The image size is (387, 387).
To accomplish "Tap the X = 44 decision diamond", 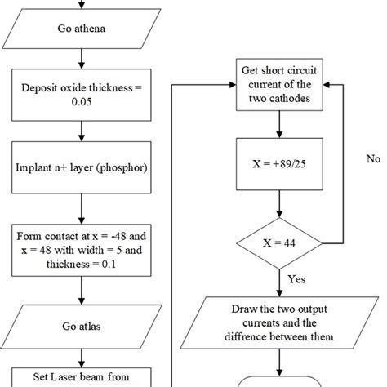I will click(280, 243).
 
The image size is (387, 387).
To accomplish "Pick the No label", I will click(373, 158).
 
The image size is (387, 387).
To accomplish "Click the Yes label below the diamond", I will click(297, 279).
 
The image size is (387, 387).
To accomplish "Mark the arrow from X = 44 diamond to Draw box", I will click(280, 282).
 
